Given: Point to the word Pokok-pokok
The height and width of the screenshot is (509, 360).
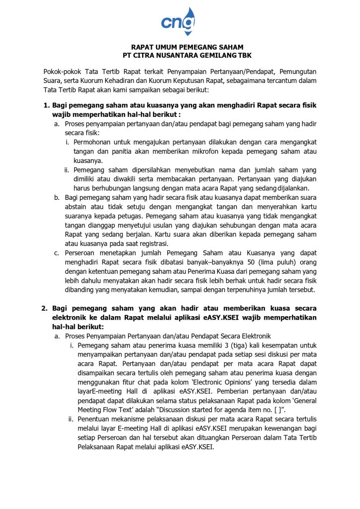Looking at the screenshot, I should point(63,72).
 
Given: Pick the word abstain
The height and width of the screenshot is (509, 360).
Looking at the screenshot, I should point(77,207).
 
